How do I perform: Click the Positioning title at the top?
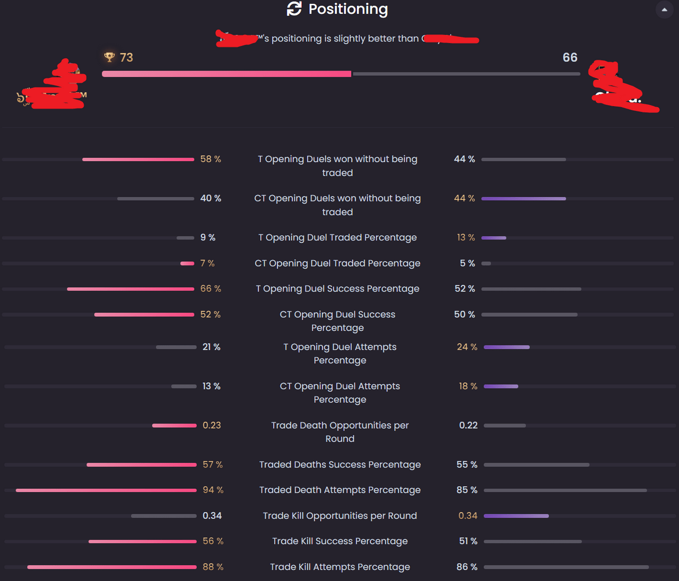(x=348, y=9)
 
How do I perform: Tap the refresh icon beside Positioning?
(x=294, y=8)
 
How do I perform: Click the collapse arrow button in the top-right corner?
(x=664, y=10)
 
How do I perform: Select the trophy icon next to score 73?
(x=110, y=57)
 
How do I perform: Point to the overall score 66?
(x=570, y=57)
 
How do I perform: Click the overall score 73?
(x=126, y=57)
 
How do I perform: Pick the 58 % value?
(x=211, y=159)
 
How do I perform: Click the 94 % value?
(x=213, y=490)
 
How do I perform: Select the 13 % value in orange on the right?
(x=466, y=237)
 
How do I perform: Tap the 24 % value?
(x=467, y=347)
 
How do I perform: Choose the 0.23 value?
(x=212, y=425)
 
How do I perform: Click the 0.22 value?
(x=468, y=425)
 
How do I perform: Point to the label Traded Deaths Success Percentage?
(x=340, y=464)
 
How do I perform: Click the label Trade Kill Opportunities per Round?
(x=340, y=516)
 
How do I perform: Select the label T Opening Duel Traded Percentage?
(x=337, y=237)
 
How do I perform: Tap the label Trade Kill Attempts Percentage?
(x=340, y=567)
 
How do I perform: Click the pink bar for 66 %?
(x=130, y=289)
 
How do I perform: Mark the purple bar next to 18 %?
(x=501, y=386)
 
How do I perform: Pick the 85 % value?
(x=467, y=490)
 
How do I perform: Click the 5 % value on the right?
(x=467, y=263)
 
